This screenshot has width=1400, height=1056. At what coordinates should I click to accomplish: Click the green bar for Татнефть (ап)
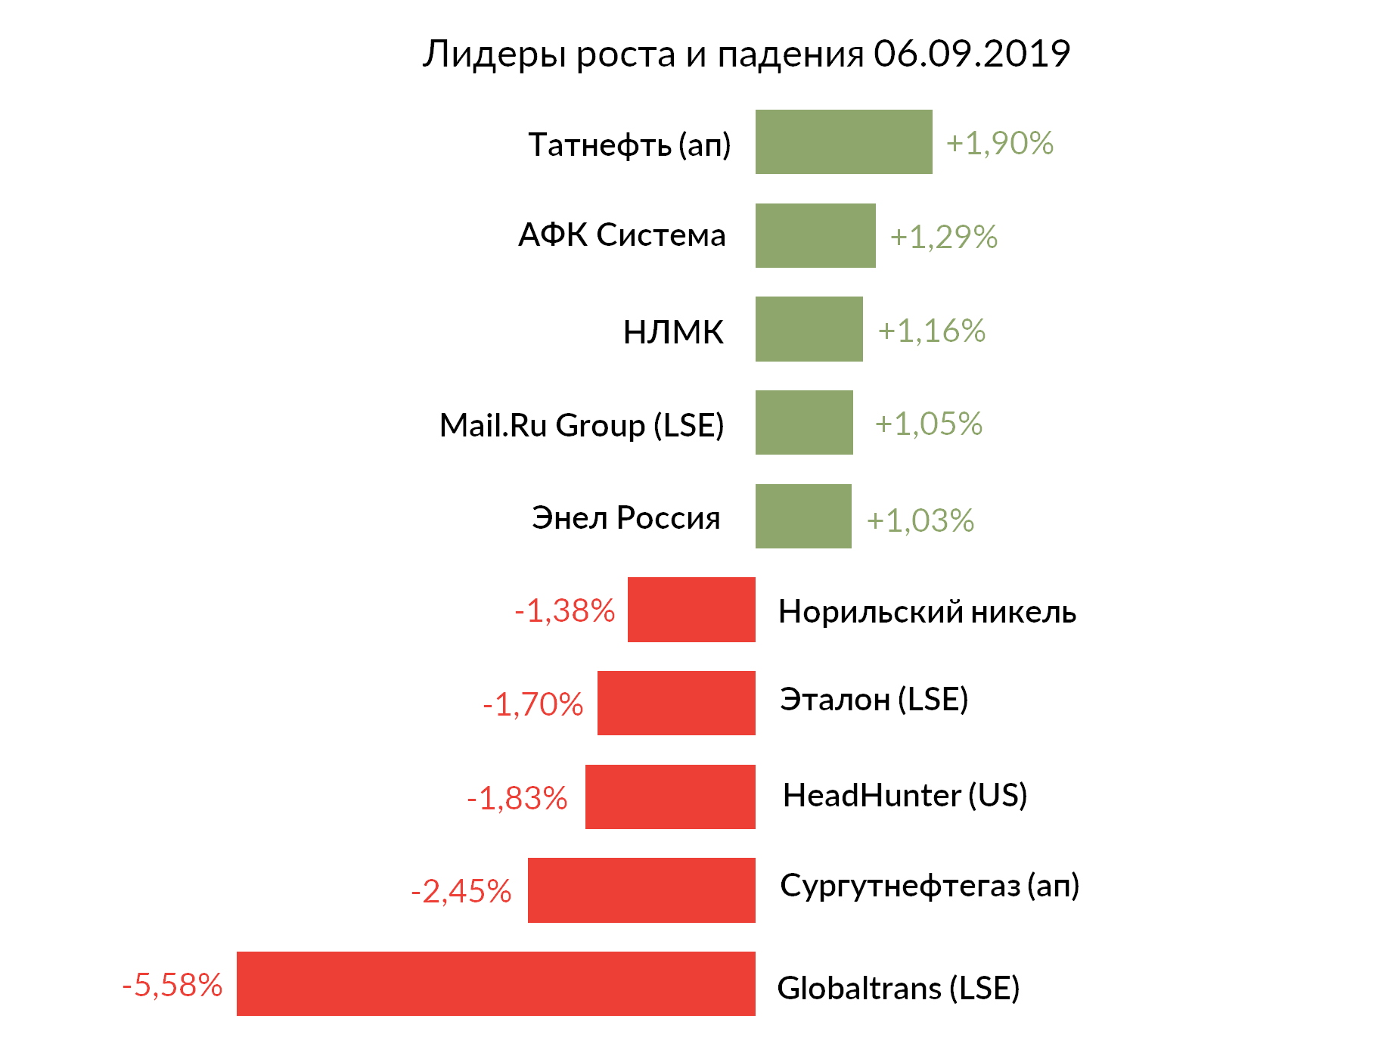point(843,141)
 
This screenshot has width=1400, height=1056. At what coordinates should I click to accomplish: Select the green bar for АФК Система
point(815,235)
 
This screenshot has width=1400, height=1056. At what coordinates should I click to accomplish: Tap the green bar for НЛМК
point(809,329)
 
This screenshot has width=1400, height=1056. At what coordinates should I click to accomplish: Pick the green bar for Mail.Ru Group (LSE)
point(804,422)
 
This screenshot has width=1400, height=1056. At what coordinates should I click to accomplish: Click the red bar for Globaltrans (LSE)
point(495,983)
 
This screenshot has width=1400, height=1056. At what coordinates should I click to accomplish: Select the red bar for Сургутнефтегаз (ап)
point(641,890)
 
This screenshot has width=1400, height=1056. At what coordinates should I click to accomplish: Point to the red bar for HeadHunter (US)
point(670,797)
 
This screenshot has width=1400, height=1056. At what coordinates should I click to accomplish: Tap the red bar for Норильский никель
point(691,610)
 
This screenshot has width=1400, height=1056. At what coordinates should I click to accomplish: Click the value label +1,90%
point(999,143)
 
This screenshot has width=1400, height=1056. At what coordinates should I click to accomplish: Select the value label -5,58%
point(172,985)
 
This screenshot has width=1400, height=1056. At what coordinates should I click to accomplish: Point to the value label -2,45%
point(461,891)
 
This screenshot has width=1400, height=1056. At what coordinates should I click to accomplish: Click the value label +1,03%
point(920,520)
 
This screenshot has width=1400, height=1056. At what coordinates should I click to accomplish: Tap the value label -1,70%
point(533,704)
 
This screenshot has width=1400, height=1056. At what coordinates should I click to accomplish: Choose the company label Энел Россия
point(625,518)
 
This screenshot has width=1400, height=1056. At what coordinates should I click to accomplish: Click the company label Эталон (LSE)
point(874,699)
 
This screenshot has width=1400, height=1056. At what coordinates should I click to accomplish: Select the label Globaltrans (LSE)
point(899,988)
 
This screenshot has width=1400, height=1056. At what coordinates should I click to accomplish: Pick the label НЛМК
point(673,332)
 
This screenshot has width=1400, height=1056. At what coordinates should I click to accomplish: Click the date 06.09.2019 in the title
point(972,54)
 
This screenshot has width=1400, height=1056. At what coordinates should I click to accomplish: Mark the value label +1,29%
point(943,237)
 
